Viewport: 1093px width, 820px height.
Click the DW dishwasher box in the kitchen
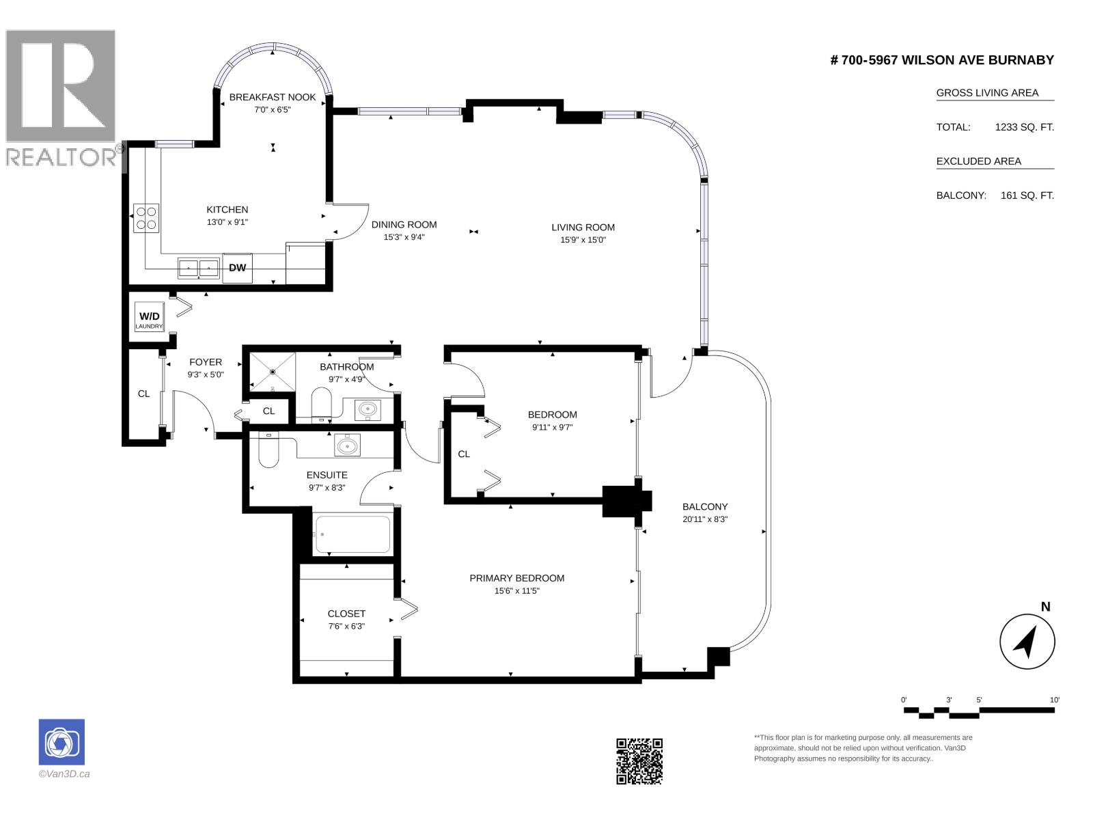coord(237,268)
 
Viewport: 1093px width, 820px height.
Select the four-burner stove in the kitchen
coord(146,218)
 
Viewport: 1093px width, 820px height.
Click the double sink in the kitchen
coord(199,269)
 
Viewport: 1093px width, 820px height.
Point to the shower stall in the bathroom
coord(273,372)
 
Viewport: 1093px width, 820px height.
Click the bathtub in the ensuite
coord(353,534)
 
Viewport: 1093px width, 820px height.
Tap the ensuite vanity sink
coord(347,445)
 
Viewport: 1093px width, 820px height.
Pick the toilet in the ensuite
coord(269,450)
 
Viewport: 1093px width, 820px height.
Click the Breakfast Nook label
coord(273,97)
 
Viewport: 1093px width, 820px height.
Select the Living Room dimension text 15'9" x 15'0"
coord(583,240)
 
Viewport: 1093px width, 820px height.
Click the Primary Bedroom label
coord(517,578)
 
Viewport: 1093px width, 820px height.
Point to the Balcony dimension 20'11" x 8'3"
coord(705,519)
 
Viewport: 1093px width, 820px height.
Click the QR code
coord(639,761)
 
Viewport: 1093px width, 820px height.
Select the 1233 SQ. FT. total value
coord(1024,127)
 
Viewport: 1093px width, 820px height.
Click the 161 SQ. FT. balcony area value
coord(1027,195)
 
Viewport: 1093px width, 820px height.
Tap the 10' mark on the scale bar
coord(1054,700)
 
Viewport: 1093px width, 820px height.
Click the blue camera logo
coord(61,742)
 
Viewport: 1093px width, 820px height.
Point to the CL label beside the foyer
coord(143,394)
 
